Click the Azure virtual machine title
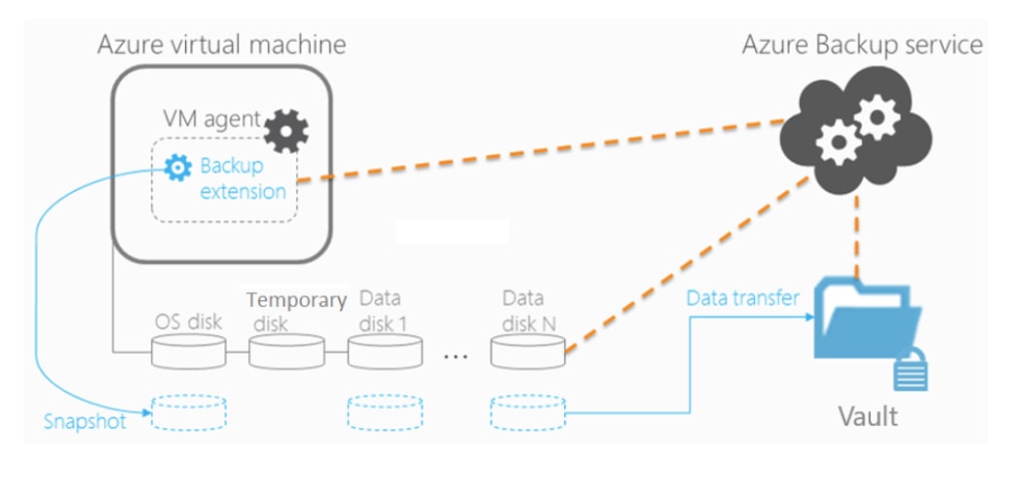(x=221, y=44)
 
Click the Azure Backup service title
(x=862, y=44)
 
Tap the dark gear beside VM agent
(x=287, y=129)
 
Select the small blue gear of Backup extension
(x=177, y=168)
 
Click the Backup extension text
(x=243, y=178)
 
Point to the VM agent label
(x=211, y=120)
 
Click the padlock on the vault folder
(x=911, y=370)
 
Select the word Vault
(x=867, y=417)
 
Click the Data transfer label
(x=742, y=297)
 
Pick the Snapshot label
(x=85, y=422)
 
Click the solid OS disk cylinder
(x=189, y=351)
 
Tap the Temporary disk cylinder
(x=286, y=351)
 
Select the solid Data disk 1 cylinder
(x=386, y=351)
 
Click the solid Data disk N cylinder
(x=528, y=351)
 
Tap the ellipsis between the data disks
(x=456, y=357)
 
